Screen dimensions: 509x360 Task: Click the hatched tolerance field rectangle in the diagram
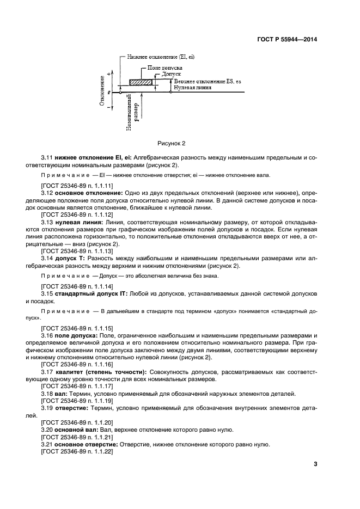click(x=142, y=82)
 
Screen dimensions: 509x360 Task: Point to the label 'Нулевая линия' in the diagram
click(x=191, y=87)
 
